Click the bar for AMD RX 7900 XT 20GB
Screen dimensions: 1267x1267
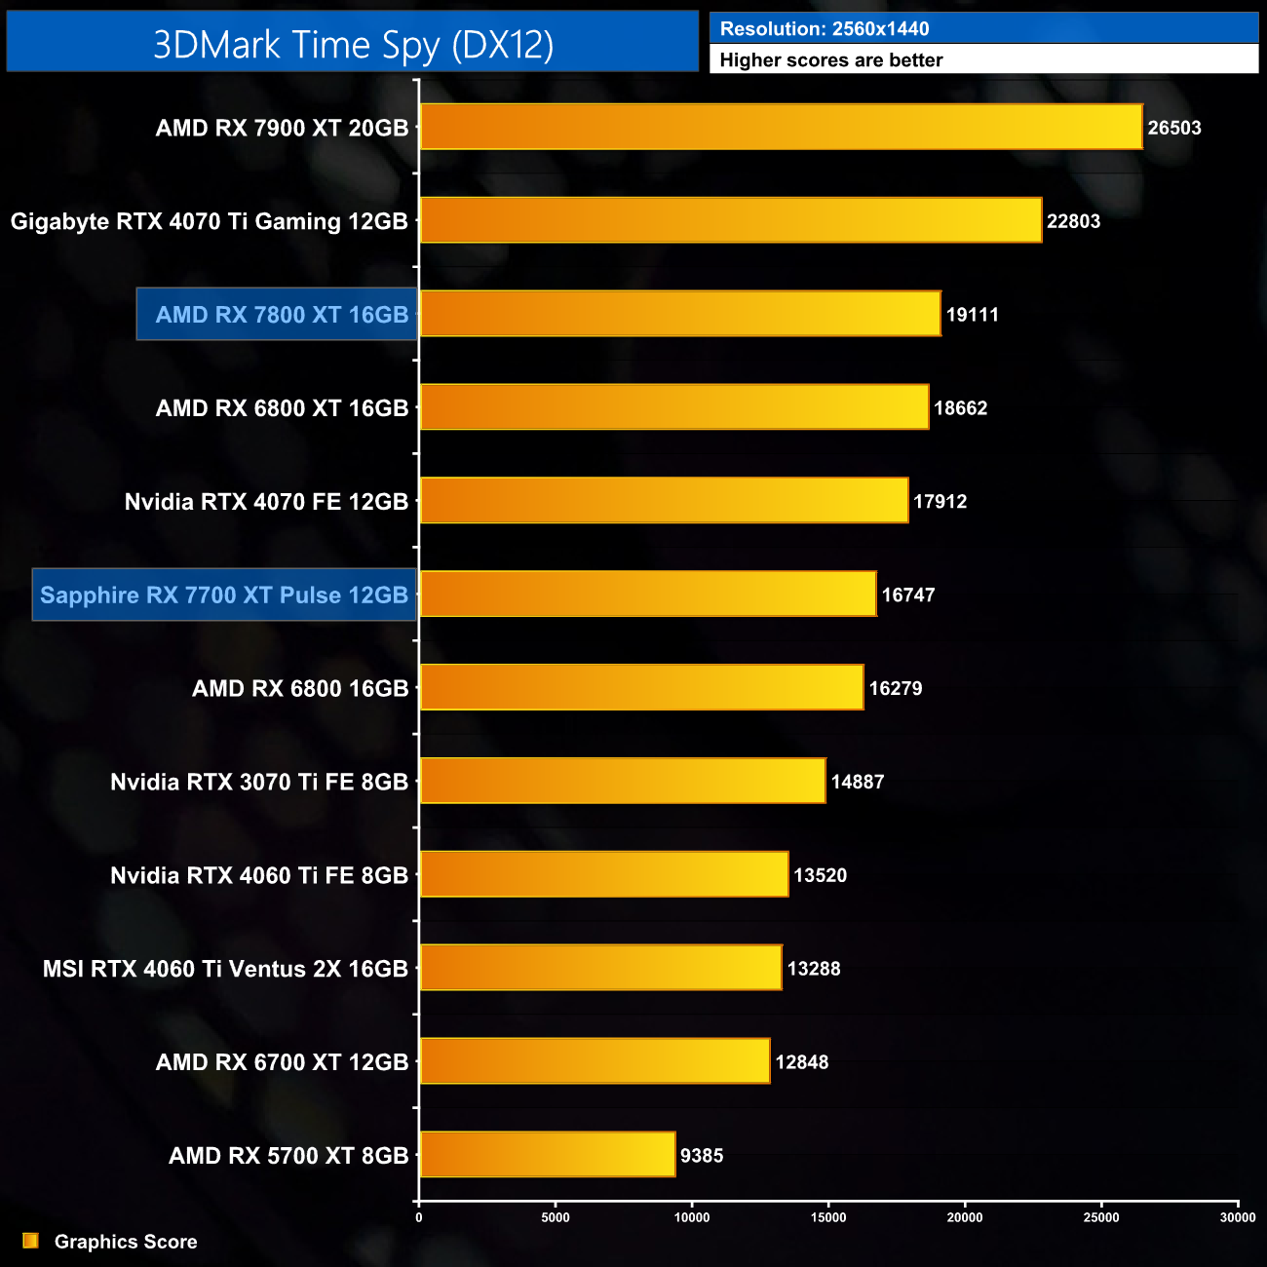(x=780, y=127)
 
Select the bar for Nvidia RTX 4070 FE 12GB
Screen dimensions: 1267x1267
(x=663, y=501)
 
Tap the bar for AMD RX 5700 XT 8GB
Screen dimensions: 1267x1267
(x=547, y=1155)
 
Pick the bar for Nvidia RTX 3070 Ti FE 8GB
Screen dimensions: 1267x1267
(x=622, y=781)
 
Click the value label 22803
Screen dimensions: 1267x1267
(x=1073, y=221)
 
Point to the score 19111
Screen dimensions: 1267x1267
(x=972, y=315)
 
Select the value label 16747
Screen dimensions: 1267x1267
(x=907, y=595)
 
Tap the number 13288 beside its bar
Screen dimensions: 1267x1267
(x=813, y=969)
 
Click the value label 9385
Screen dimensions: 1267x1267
(x=701, y=1156)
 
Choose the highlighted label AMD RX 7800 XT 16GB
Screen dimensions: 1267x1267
(x=282, y=315)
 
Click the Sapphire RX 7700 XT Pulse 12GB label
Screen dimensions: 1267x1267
(x=224, y=595)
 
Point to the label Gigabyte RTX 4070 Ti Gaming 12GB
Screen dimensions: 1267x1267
(x=209, y=221)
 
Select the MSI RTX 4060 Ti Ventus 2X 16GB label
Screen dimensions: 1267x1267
(x=225, y=969)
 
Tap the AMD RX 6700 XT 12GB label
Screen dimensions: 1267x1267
(x=282, y=1062)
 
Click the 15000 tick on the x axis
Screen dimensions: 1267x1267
(x=828, y=1217)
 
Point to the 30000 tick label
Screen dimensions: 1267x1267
(x=1238, y=1217)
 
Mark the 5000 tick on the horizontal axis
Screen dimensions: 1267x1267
(x=556, y=1217)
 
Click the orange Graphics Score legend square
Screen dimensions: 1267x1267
(x=30, y=1241)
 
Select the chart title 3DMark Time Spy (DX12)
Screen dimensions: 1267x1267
(x=353, y=44)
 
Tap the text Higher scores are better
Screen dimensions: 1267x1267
(x=830, y=60)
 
